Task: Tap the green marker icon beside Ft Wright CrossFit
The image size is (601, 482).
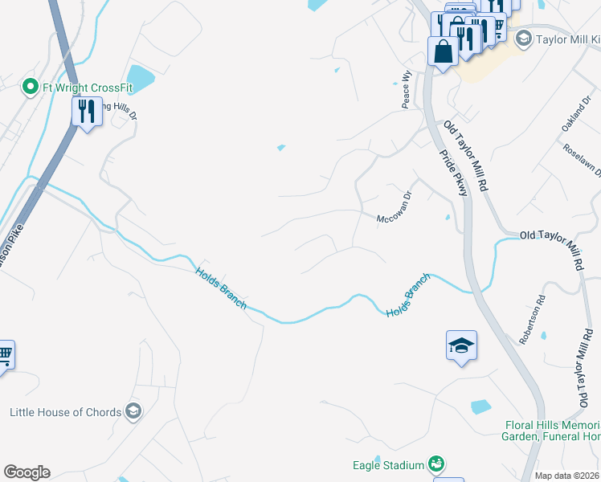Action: (x=31, y=85)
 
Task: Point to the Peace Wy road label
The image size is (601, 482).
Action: (x=407, y=89)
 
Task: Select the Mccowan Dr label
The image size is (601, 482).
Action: (x=395, y=206)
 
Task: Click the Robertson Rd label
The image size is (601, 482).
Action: (x=532, y=319)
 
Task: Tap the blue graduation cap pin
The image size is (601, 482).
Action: (x=461, y=346)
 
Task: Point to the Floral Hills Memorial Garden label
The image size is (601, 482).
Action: (x=553, y=431)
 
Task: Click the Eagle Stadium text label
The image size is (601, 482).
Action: (x=388, y=465)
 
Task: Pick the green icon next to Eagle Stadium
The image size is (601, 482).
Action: (x=435, y=464)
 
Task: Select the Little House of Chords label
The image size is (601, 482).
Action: (x=66, y=412)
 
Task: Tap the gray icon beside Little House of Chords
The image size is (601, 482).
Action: (x=133, y=412)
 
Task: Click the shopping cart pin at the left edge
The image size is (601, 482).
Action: (x=5, y=354)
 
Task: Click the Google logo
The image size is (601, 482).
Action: (x=27, y=472)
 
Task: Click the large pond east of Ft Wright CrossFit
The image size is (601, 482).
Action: (x=140, y=79)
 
